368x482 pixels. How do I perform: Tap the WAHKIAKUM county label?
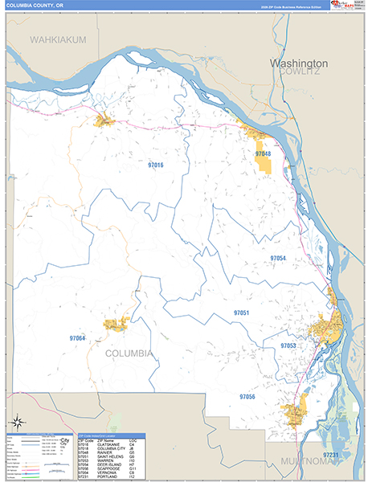click(58, 39)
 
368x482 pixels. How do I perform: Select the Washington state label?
click(299, 63)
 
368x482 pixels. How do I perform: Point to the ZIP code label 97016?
click(155, 165)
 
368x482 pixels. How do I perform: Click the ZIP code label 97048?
click(263, 153)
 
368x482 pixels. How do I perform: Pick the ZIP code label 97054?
click(278, 258)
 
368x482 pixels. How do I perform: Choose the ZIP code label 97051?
click(242, 312)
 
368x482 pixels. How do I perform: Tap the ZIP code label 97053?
click(288, 345)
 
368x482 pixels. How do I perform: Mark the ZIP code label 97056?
click(247, 397)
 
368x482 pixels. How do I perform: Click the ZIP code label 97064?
click(77, 338)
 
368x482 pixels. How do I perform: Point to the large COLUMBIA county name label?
click(128, 353)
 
